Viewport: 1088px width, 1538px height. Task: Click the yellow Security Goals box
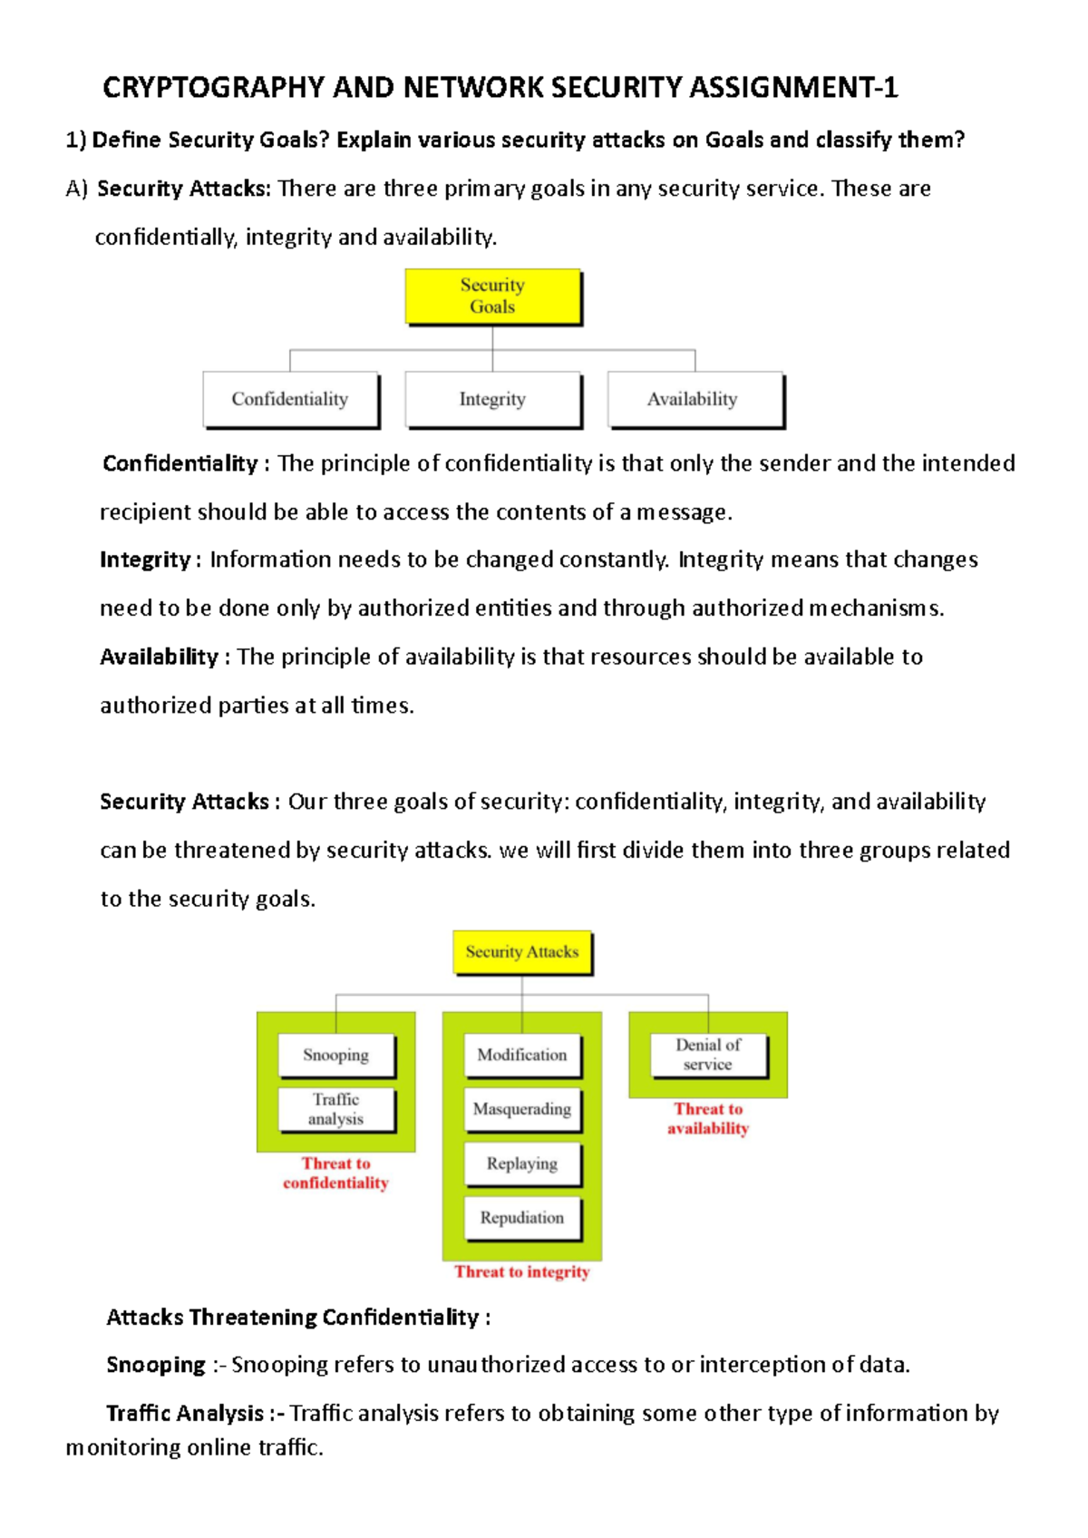tap(492, 297)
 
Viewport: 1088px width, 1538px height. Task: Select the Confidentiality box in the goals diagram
tap(290, 399)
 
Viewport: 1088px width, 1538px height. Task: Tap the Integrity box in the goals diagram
tap(492, 399)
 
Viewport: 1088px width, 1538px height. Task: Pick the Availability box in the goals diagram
tap(694, 399)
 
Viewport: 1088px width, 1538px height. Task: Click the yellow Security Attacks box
tap(522, 952)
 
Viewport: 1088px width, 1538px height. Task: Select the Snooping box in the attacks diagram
tap(336, 1055)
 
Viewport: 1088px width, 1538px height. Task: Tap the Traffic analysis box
tap(336, 1109)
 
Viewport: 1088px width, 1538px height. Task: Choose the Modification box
tap(522, 1055)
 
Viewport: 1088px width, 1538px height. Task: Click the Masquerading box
tap(522, 1109)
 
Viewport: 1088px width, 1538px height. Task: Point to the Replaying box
tap(522, 1163)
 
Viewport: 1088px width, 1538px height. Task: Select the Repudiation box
tap(522, 1218)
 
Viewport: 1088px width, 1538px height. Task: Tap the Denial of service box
tap(708, 1055)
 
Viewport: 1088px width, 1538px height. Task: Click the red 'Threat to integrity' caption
tap(522, 1272)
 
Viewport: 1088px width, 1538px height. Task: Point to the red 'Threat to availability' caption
tap(708, 1119)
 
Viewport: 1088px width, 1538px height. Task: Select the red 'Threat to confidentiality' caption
tap(336, 1173)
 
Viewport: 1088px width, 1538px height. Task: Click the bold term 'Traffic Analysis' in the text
tap(185, 1414)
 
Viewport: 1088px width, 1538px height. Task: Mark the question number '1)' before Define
tap(75, 140)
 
